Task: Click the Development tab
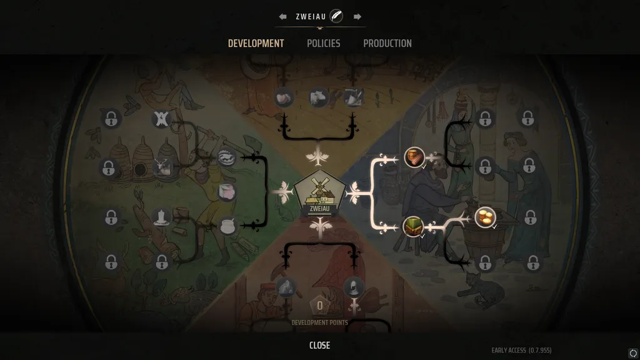pos(256,43)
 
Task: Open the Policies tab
pos(323,43)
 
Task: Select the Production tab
pos(387,43)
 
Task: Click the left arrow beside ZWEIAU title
pos(283,16)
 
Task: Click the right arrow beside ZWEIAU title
pos(357,16)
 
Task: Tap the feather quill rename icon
pos(336,16)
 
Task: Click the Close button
pos(319,345)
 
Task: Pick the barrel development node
pos(414,157)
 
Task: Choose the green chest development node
pos(413,226)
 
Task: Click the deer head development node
pos(162,166)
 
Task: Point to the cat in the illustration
pos(485,290)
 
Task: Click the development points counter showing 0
pos(320,306)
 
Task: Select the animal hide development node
pos(161,117)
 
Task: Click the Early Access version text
pos(521,350)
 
